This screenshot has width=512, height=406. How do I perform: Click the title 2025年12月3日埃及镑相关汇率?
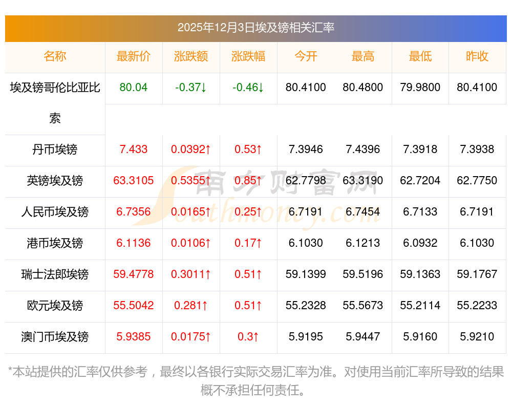256,28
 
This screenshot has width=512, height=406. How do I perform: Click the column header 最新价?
134,56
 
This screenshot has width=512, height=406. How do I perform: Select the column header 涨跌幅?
248,56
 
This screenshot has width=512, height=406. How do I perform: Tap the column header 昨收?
477,56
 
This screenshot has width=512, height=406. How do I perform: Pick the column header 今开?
306,56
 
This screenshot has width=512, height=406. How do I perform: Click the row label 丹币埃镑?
55,149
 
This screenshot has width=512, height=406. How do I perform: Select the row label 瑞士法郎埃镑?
55,274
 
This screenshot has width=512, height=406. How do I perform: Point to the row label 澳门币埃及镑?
55,337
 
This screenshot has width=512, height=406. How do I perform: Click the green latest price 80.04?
134,88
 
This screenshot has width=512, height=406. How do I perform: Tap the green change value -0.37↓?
191,88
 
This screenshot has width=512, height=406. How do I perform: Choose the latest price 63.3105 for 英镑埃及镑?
134,181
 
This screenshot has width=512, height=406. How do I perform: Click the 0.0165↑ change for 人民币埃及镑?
191,212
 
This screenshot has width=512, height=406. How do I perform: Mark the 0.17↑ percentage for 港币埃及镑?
248,243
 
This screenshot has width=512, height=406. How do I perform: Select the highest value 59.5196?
363,274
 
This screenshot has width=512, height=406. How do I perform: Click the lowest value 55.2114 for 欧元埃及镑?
420,306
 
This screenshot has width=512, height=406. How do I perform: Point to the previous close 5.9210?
477,337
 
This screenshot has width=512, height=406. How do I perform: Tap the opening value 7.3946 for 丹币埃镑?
306,149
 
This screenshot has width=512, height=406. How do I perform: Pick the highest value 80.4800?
363,88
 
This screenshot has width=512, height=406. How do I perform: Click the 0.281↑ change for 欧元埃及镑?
191,306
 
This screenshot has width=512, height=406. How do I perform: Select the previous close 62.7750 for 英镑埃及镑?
477,181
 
